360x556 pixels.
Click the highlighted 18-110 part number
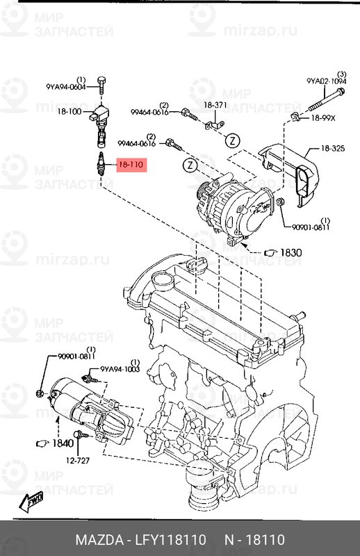130,165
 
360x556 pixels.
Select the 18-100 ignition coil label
69,111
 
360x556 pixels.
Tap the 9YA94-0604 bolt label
66,87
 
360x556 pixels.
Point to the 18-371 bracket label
215,105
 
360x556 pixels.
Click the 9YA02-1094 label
326,81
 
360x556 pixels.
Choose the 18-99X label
322,117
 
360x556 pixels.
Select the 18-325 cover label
333,148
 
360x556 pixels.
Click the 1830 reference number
291,252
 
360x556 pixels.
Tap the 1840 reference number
63,443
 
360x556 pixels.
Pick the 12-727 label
79,459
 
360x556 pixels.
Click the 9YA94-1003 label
120,370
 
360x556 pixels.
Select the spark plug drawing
101,165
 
